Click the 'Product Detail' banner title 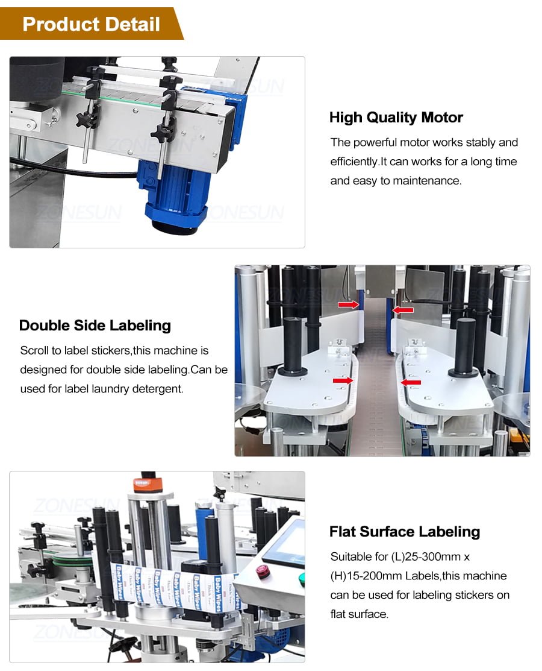coord(91,24)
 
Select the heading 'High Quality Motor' coord(396,118)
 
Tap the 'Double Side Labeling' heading coord(95,326)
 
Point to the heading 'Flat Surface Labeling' coord(405,532)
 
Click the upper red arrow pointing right coord(348,305)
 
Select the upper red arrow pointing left coord(403,310)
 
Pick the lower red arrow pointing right coord(343,380)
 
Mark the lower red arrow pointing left coord(411,382)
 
